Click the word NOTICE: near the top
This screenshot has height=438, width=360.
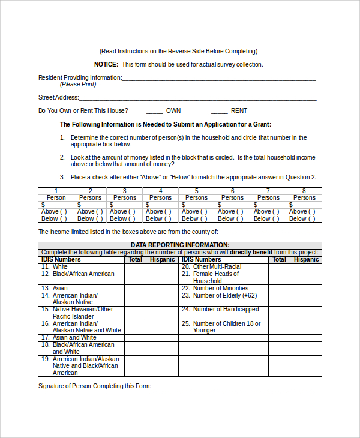(106, 64)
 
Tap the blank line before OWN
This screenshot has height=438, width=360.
(154, 111)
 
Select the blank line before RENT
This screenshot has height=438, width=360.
(219, 111)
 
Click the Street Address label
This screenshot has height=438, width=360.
(58, 97)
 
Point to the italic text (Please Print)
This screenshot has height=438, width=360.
(77, 84)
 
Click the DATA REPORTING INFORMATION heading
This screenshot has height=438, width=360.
(180, 245)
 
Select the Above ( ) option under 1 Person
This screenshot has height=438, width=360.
(56, 211)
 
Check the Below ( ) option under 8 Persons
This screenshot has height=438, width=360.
(304, 218)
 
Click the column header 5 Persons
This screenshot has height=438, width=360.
(196, 194)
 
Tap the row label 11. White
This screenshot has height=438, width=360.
(55, 266)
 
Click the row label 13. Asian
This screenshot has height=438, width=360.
(55, 288)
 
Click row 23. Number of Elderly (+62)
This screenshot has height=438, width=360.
(219, 295)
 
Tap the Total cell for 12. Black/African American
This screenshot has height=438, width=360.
(135, 277)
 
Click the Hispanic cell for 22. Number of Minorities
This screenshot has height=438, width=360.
(306, 288)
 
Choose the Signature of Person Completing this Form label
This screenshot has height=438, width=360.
(94, 386)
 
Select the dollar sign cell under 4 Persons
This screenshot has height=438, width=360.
(160, 205)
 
